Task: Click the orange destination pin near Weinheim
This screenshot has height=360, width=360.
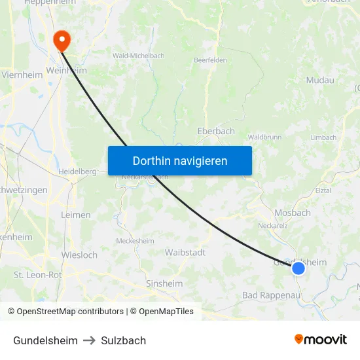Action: (62, 41)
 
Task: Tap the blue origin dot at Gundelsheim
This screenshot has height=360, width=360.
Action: (298, 268)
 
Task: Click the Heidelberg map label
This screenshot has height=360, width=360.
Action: (78, 171)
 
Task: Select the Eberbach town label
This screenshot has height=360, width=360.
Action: (216, 131)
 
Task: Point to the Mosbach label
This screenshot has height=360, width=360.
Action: (293, 213)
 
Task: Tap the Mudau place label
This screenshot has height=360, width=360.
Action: (320, 80)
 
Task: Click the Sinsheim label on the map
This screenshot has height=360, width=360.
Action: (164, 283)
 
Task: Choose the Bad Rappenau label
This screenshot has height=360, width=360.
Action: (270, 295)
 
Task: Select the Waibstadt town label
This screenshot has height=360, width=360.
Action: (185, 253)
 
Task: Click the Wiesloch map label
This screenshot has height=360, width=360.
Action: (79, 255)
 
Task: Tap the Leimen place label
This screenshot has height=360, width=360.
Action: (75, 215)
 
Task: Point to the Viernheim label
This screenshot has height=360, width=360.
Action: (22, 75)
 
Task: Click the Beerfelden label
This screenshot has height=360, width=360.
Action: (209, 60)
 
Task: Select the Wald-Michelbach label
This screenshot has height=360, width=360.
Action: (139, 56)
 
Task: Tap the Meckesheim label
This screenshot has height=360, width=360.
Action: (135, 241)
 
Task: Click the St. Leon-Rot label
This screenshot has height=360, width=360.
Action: (38, 275)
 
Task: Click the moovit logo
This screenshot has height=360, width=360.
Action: (320, 339)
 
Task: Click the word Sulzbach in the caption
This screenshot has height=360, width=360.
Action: (123, 340)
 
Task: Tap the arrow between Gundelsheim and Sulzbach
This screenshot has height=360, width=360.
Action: (90, 340)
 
